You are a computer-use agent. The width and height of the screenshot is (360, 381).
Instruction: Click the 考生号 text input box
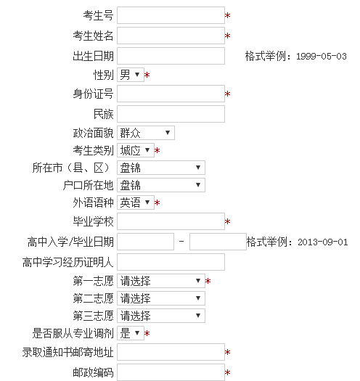pyautogui.click(x=171, y=15)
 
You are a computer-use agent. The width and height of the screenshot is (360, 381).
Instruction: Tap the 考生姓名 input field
pyautogui.click(x=171, y=36)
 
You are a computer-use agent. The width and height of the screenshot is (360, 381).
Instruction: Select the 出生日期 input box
pyautogui.click(x=171, y=56)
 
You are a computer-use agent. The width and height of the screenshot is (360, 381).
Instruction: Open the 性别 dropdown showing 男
pyautogui.click(x=131, y=75)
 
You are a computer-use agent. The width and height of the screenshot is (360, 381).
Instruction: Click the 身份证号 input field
pyautogui.click(x=171, y=94)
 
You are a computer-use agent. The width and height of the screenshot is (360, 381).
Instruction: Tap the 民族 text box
pyautogui.click(x=171, y=114)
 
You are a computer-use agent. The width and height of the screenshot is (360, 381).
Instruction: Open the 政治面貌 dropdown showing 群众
pyautogui.click(x=146, y=133)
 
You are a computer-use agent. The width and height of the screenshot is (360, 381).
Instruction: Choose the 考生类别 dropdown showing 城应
pyautogui.click(x=136, y=150)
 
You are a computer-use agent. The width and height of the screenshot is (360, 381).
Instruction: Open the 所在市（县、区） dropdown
pyautogui.click(x=161, y=168)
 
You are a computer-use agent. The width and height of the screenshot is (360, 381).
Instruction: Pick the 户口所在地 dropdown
pyautogui.click(x=161, y=185)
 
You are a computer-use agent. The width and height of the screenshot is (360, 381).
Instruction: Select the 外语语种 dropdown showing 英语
pyautogui.click(x=136, y=202)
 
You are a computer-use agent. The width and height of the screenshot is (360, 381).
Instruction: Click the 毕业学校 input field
pyautogui.click(x=171, y=221)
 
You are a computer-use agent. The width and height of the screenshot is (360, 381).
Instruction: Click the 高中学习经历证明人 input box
pyautogui.click(x=171, y=262)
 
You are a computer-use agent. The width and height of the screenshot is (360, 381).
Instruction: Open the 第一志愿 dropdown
pyautogui.click(x=161, y=281)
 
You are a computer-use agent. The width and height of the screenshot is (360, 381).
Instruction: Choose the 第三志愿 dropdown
pyautogui.click(x=161, y=316)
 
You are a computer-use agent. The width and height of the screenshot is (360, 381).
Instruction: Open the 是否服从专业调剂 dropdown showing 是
pyautogui.click(x=131, y=333)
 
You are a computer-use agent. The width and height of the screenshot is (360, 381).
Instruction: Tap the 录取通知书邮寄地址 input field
pyautogui.click(x=171, y=352)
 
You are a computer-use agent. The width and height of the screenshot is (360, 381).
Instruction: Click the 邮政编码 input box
pyautogui.click(x=171, y=372)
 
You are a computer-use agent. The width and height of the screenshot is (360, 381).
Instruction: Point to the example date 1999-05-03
pyautogui.click(x=321, y=57)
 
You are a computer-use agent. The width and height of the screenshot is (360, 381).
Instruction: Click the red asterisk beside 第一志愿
pyautogui.click(x=208, y=281)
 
